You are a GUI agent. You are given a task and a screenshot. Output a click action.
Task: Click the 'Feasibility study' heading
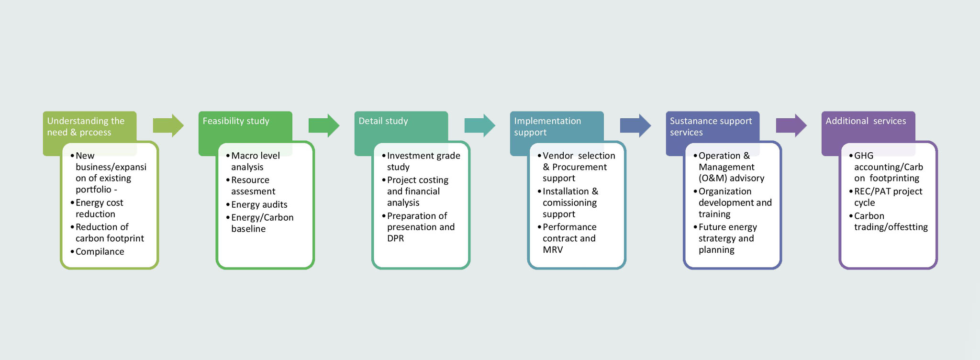pyautogui.click(x=236, y=121)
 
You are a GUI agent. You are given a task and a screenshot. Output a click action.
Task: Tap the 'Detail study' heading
pyautogui.click(x=383, y=121)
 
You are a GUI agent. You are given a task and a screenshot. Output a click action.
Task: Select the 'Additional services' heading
pyautogui.click(x=866, y=121)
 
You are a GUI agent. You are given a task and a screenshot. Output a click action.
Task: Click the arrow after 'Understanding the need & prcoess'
pyautogui.click(x=168, y=125)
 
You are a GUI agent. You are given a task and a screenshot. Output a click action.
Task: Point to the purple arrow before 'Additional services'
pyautogui.click(x=791, y=125)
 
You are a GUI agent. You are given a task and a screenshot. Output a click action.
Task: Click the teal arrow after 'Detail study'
pyautogui.click(x=480, y=125)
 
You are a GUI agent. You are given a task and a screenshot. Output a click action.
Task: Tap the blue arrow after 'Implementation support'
pyautogui.click(x=635, y=125)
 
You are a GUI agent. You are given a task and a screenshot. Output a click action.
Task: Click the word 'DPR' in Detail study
pyautogui.click(x=396, y=238)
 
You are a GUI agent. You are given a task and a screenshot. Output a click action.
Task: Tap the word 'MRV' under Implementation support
pyautogui.click(x=553, y=250)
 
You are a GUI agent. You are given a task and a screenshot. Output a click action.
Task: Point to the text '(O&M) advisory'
pyautogui.click(x=731, y=178)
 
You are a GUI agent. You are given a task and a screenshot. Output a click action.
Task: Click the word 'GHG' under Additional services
pyautogui.click(x=864, y=156)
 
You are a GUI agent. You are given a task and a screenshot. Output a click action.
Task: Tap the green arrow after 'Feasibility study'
pyautogui.click(x=324, y=125)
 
